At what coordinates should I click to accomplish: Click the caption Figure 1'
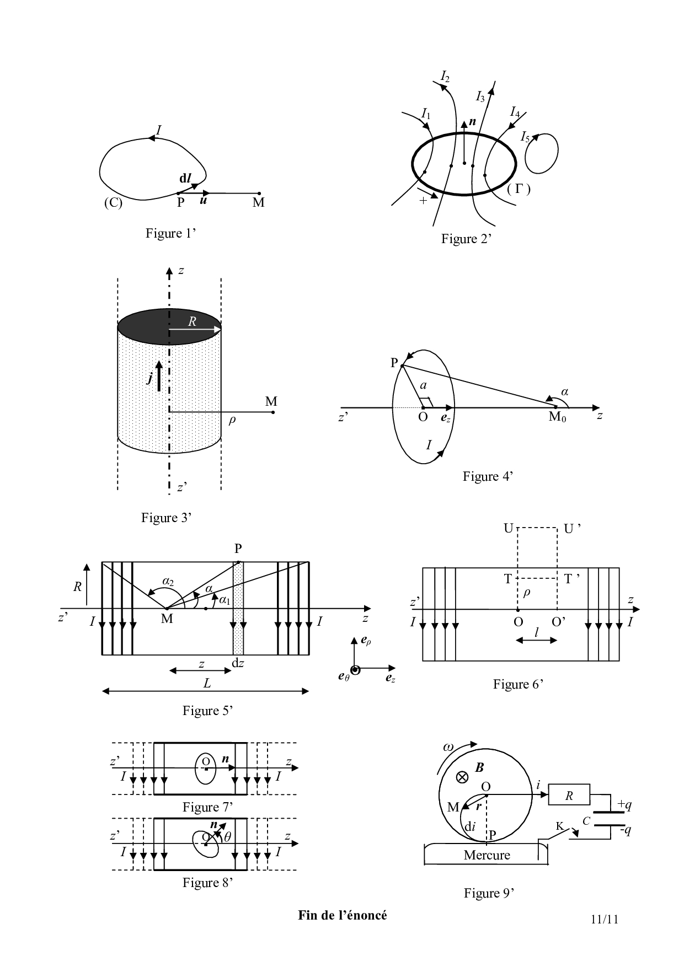pyautogui.click(x=171, y=233)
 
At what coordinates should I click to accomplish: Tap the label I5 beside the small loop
pyautogui.click(x=525, y=137)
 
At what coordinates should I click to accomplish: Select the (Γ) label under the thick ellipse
pyautogui.click(x=519, y=190)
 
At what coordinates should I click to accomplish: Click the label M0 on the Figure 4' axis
pyautogui.click(x=557, y=417)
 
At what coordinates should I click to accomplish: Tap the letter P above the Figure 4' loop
pyautogui.click(x=394, y=362)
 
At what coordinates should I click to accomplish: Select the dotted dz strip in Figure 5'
pyautogui.click(x=238, y=609)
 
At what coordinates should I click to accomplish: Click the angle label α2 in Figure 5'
pyautogui.click(x=168, y=581)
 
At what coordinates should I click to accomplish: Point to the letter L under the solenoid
pyautogui.click(x=207, y=684)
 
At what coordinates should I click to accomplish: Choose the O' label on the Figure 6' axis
pyautogui.click(x=559, y=622)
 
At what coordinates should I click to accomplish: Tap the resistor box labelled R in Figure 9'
pyautogui.click(x=569, y=795)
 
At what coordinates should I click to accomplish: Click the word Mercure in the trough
pyautogui.click(x=487, y=855)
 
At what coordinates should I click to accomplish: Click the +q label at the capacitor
pyautogui.click(x=624, y=805)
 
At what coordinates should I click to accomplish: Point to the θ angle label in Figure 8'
pyautogui.click(x=227, y=836)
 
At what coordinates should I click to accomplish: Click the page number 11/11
pyautogui.click(x=604, y=919)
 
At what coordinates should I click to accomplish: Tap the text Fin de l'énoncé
pyautogui.click(x=343, y=915)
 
